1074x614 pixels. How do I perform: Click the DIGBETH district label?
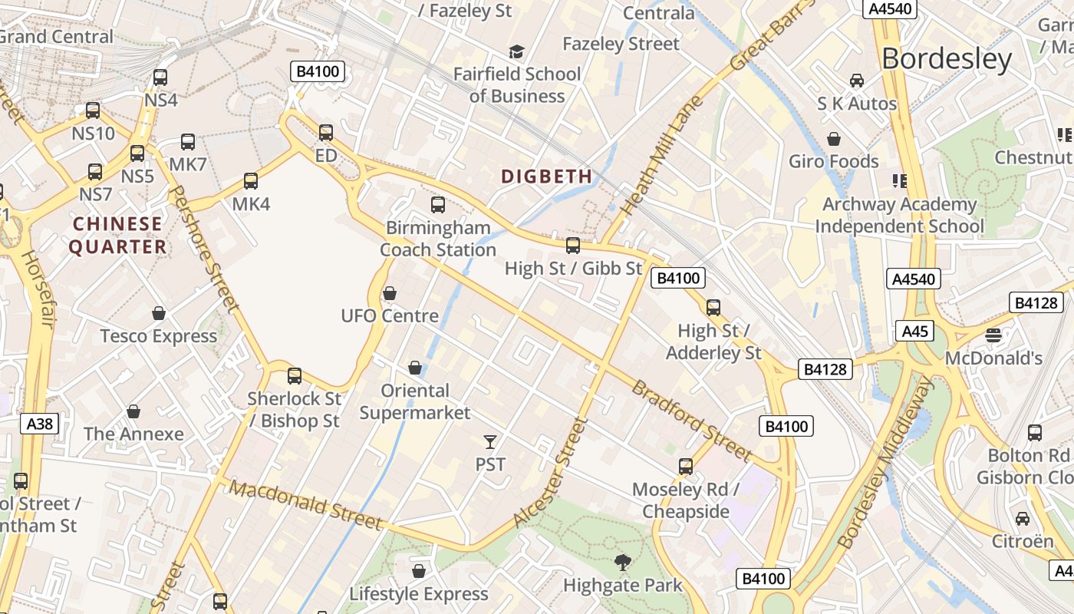coord(547,177)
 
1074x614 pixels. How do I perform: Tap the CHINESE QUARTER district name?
coord(117,235)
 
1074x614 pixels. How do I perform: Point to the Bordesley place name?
coord(947,58)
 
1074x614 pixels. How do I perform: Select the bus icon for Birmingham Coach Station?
coord(438,205)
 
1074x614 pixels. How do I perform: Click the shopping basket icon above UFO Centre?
coord(390,293)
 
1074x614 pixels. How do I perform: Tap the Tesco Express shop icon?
coord(159,313)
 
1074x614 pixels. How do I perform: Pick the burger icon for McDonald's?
coord(993,335)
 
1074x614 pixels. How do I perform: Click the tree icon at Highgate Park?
coord(623,563)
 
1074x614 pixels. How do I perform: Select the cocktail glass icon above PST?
coord(490,441)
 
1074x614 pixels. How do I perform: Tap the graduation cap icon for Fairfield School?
coord(517,51)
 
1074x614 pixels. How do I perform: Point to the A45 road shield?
coord(914,332)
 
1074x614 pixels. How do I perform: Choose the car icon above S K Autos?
coord(857,81)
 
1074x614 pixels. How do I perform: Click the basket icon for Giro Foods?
coord(834,139)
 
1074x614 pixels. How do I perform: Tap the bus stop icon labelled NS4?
coord(160,78)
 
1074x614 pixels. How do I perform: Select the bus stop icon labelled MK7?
coord(188,142)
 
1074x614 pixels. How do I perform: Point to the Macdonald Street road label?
coord(306,506)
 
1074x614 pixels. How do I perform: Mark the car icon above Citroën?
coord(1023,519)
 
